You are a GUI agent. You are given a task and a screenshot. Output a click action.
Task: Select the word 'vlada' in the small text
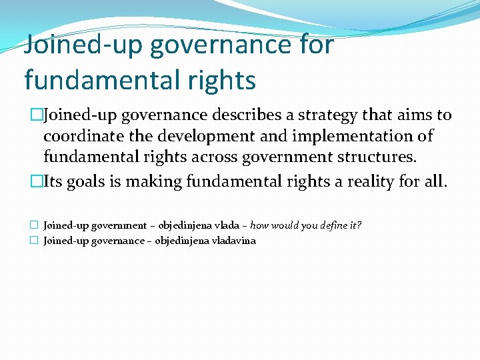(x=228, y=225)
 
